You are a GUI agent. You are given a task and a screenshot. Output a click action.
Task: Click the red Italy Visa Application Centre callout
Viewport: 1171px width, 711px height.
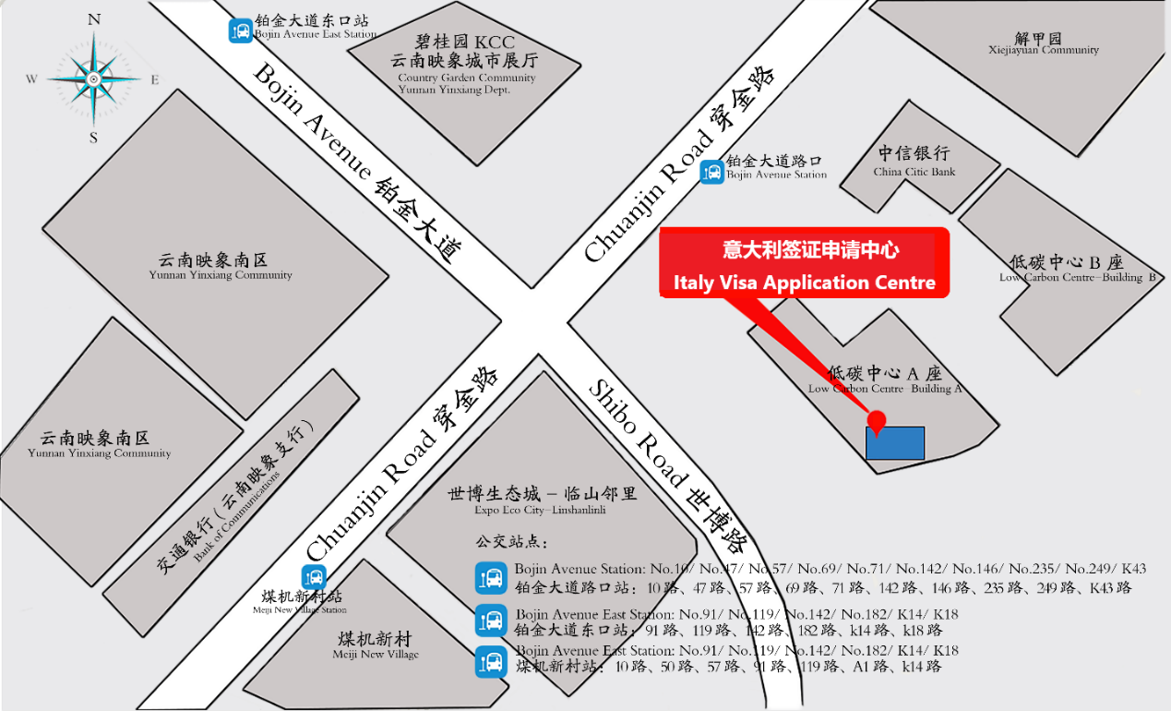pos(804,263)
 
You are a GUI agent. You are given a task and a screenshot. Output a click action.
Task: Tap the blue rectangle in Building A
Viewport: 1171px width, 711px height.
pos(894,442)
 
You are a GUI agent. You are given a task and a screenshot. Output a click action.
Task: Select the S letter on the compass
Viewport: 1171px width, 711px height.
pos(93,138)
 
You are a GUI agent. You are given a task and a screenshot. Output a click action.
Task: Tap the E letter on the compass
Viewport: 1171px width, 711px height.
pos(155,79)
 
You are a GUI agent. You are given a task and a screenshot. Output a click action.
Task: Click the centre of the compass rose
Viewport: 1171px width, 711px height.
pos(94,79)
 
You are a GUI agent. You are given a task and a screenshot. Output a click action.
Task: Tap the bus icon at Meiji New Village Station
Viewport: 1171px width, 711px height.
pos(315,578)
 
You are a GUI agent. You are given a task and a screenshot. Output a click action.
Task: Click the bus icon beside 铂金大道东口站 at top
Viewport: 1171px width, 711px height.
pos(240,30)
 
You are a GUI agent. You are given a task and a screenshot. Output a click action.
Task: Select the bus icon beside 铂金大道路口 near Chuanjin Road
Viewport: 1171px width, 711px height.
pos(711,172)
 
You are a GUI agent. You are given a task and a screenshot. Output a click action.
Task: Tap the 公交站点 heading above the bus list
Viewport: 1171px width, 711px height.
pos(512,541)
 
